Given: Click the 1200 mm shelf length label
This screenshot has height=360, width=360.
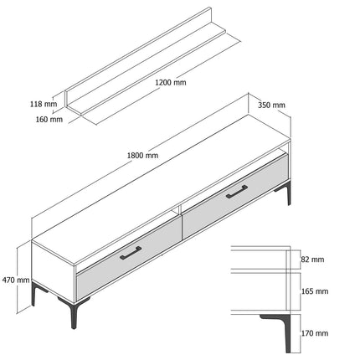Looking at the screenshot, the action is [171, 83].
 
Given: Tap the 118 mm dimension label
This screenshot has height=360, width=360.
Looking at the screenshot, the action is [44, 104].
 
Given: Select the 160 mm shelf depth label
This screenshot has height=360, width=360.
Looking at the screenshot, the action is [49, 120].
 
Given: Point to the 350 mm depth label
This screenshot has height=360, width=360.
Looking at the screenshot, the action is [271, 105].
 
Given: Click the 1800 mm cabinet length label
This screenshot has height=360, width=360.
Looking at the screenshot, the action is [142, 155].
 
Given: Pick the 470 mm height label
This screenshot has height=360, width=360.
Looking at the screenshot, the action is [16, 280].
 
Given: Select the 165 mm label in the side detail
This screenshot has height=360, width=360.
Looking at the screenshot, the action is [315, 291].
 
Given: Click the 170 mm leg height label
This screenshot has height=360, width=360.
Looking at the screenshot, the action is [315, 333].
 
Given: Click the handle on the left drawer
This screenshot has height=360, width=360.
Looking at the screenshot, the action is [131, 253].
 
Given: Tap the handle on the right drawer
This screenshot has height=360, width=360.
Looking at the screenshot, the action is [237, 192].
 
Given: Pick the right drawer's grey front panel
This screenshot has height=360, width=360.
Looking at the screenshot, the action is [235, 196].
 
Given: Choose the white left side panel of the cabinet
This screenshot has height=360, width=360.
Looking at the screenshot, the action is [53, 271].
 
